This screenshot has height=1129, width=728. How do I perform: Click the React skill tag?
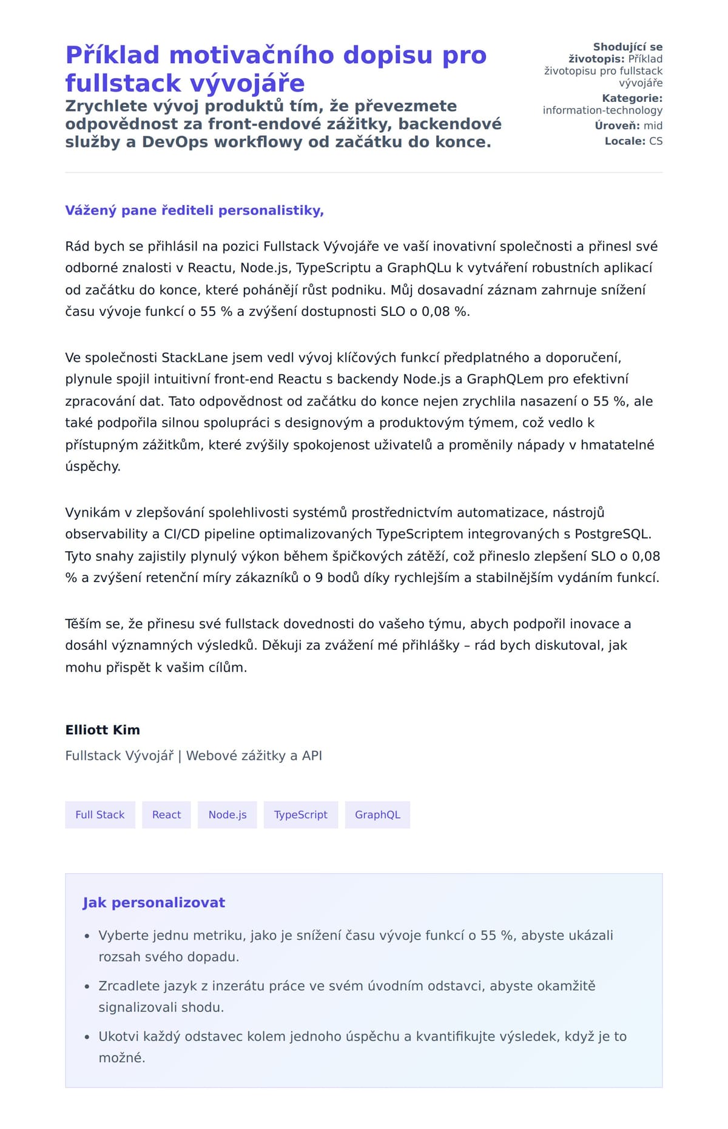pos(166,814)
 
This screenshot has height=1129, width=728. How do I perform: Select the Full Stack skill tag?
pos(100,814)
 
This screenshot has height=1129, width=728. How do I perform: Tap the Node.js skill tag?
pos(227,814)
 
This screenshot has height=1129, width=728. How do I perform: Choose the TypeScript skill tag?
pos(300,814)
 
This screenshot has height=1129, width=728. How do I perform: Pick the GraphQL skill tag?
pos(377,814)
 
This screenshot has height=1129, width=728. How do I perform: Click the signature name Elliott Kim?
pos(103,729)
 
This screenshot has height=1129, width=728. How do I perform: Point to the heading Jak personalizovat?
pos(153,902)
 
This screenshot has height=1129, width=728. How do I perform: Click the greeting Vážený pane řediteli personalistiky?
pos(194,210)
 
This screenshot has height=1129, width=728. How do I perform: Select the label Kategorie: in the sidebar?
pos(632,98)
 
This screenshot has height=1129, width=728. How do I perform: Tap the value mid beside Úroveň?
pos(653,126)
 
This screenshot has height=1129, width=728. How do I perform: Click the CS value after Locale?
pos(656,141)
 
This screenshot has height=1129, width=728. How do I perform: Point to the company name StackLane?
pos(195,357)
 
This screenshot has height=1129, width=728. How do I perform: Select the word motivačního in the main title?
pos(252,55)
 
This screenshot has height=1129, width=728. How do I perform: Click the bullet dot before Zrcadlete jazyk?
pos(87,987)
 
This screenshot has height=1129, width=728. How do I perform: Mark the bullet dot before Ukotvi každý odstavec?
pos(87,1037)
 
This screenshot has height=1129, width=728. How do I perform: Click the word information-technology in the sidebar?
pos(602,110)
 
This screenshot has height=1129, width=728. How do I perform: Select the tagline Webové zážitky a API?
pos(254,755)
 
